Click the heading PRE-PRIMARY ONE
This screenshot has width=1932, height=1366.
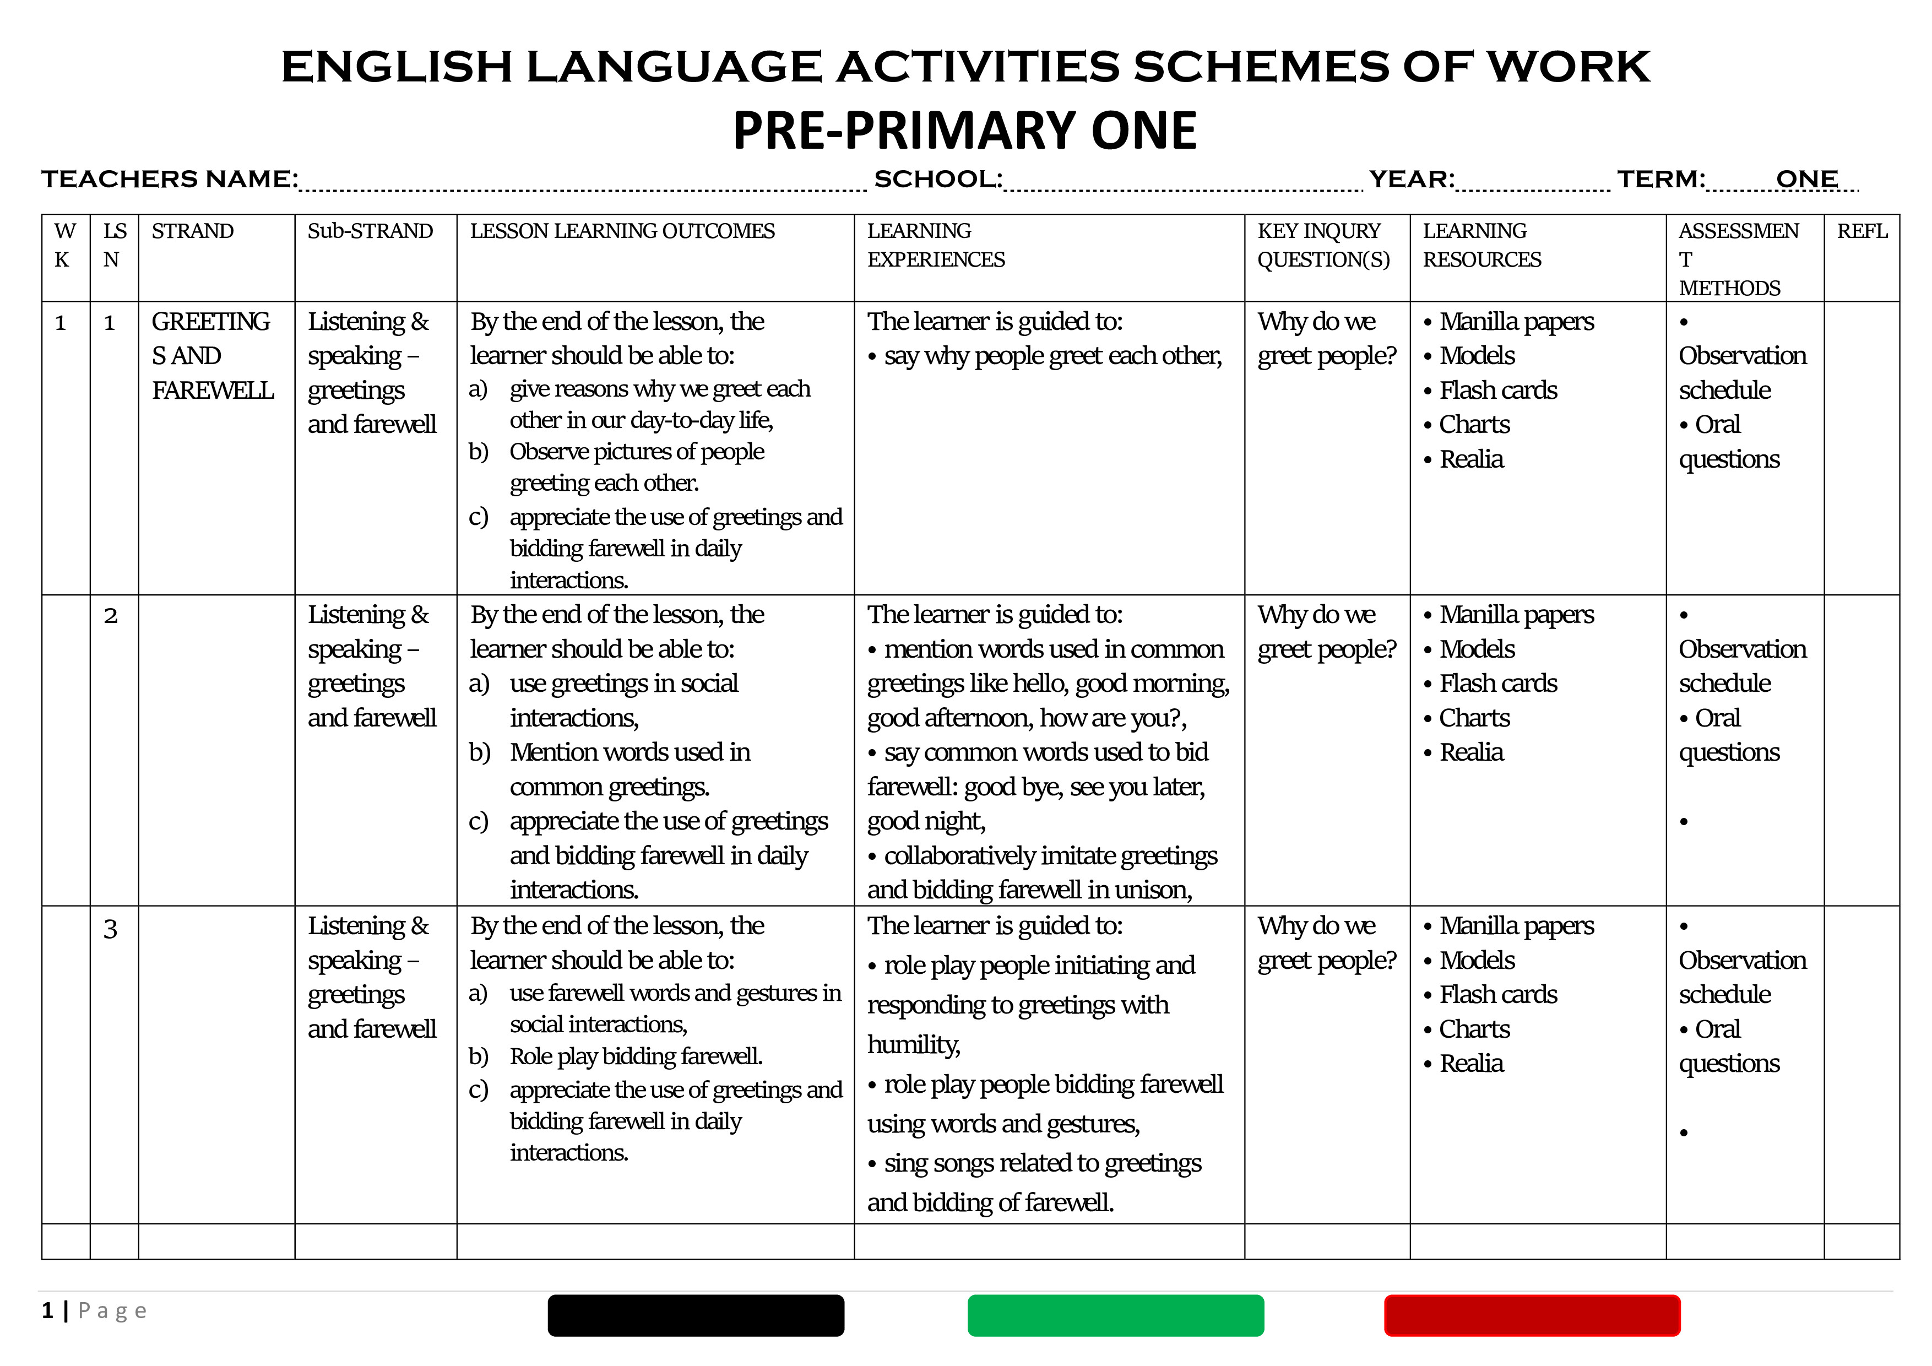(964, 131)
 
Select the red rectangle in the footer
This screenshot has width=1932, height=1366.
(1532, 1315)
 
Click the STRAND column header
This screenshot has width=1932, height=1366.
(193, 231)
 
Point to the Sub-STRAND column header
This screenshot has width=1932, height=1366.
(370, 231)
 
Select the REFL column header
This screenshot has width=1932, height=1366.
(1862, 231)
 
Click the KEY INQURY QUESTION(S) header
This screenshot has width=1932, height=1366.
(1323, 245)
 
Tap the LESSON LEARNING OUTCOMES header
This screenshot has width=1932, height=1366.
(622, 231)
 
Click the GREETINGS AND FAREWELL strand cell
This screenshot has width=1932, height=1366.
(212, 356)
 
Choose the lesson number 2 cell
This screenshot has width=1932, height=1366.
(110, 616)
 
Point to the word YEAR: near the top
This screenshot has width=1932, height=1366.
(1411, 179)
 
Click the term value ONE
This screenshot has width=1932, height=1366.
(1806, 179)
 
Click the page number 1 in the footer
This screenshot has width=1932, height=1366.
(48, 1310)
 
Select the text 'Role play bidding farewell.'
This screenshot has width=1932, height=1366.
(636, 1056)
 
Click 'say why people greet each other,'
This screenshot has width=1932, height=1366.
(1052, 356)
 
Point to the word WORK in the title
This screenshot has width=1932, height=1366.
(1569, 67)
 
